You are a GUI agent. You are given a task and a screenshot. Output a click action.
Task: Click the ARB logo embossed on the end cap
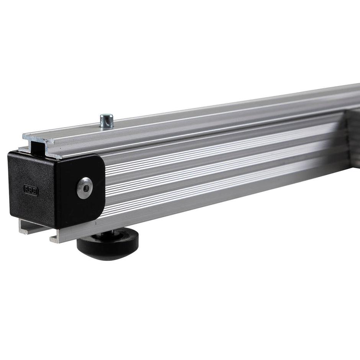click(x=31, y=190)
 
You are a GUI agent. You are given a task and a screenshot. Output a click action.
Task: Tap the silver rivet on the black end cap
click(x=85, y=188)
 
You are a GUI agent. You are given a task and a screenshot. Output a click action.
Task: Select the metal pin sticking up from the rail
click(x=106, y=121)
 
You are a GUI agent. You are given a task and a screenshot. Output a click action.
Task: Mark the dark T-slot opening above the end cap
click(x=38, y=147)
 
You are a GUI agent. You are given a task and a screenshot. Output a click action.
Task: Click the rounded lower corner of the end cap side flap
click(x=99, y=216)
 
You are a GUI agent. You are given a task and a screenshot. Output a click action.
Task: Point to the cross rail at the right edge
click(x=353, y=138)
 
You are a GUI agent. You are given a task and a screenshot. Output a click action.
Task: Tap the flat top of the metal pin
click(x=106, y=116)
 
